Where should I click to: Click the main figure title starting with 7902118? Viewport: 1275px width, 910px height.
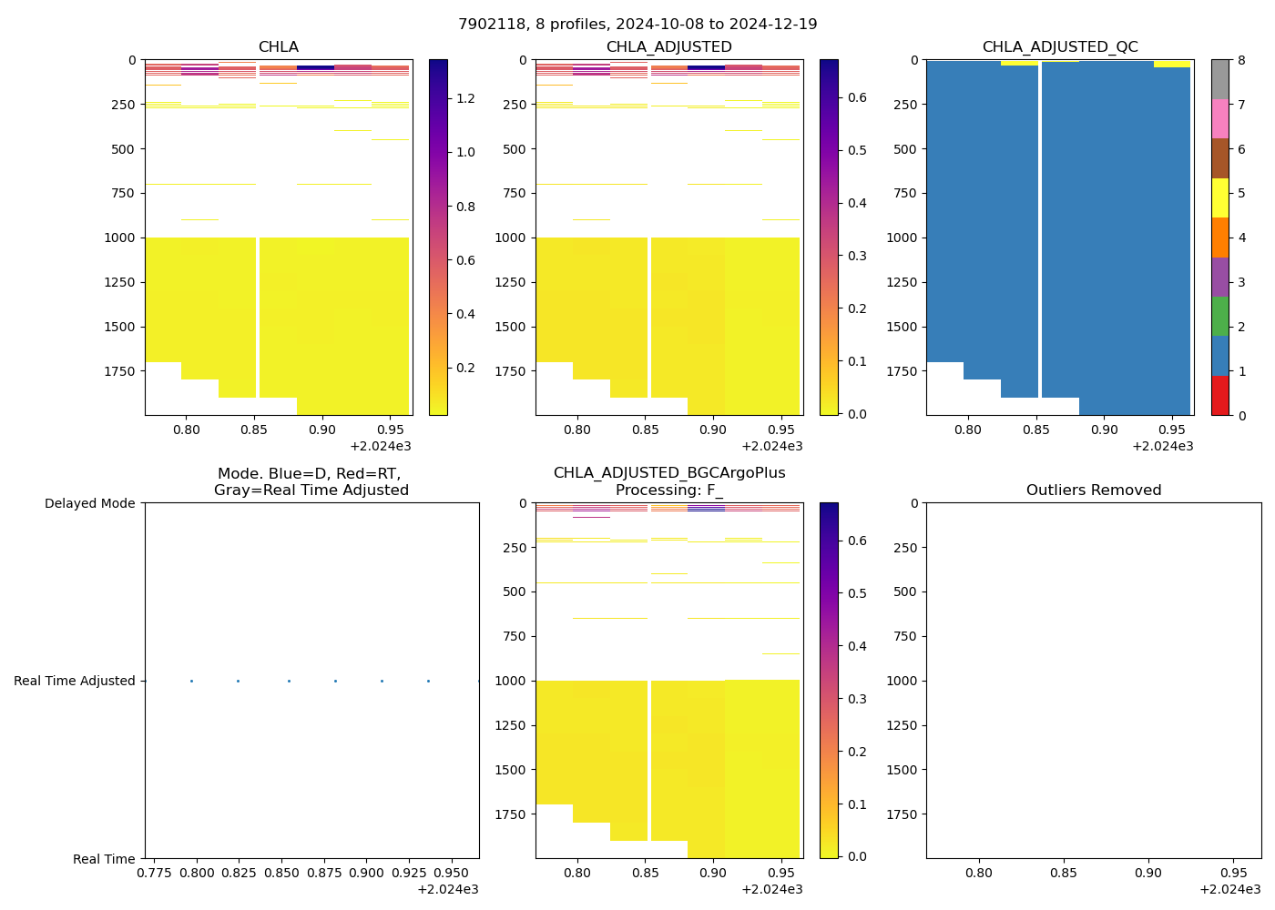click(x=637, y=25)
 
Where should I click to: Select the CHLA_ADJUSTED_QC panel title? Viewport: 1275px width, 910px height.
click(x=1060, y=47)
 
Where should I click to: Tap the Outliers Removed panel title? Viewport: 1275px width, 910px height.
click(x=1094, y=490)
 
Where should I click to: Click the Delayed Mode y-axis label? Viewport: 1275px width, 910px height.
click(x=89, y=503)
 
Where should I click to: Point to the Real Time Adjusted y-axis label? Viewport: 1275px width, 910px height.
click(x=75, y=681)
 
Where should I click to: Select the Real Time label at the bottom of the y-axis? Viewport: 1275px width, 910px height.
click(x=104, y=859)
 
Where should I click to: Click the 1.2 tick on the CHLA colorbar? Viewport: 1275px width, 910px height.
click(x=465, y=98)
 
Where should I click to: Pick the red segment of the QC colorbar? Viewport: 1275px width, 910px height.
click(x=1220, y=396)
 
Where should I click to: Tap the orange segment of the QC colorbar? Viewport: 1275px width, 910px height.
click(x=1220, y=238)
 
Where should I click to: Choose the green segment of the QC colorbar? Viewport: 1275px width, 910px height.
click(x=1220, y=317)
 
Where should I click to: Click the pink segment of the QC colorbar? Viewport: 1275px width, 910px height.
click(x=1220, y=119)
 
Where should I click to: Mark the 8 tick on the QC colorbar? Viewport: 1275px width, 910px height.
click(x=1239, y=61)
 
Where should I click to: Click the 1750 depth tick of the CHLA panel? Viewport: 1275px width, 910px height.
click(x=120, y=371)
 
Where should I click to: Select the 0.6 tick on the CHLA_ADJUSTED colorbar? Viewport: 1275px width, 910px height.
click(x=857, y=97)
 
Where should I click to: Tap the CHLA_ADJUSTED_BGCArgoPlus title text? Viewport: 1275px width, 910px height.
click(x=669, y=473)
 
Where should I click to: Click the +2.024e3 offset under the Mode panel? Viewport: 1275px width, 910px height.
click(x=448, y=889)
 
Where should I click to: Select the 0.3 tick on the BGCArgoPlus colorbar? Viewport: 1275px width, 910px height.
click(x=857, y=699)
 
